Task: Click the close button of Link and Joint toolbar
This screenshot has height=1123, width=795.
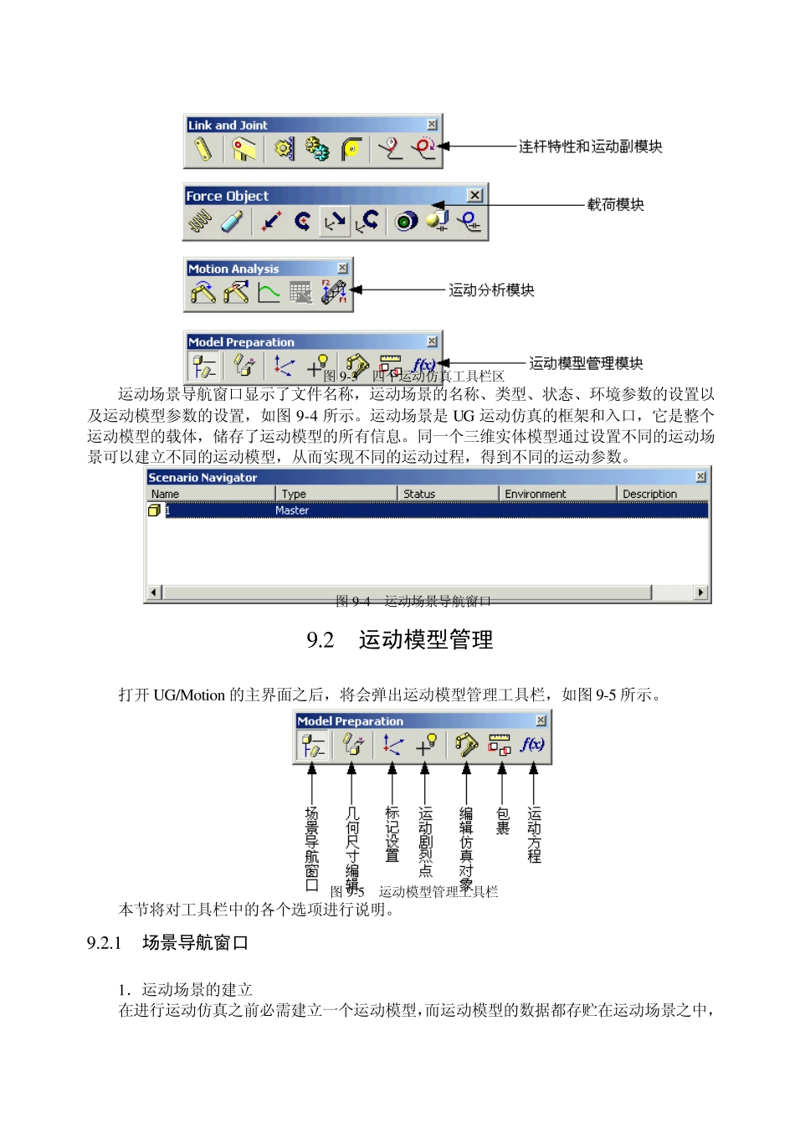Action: (432, 125)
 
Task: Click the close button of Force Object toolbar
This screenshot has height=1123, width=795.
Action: (474, 195)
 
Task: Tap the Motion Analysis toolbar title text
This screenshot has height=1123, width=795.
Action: (233, 269)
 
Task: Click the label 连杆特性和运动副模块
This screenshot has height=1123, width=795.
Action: (590, 146)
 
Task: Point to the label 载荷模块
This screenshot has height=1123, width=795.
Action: (615, 205)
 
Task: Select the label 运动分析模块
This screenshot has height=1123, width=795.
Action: (491, 290)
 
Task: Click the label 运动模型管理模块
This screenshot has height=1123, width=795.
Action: (586, 363)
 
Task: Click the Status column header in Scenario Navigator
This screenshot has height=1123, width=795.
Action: (419, 494)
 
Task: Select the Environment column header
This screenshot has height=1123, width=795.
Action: (536, 494)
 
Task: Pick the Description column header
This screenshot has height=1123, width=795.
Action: (649, 494)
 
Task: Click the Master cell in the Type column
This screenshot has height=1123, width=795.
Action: (292, 510)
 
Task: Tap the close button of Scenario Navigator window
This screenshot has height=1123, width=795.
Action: (701, 477)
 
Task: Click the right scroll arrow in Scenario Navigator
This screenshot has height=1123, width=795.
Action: (701, 592)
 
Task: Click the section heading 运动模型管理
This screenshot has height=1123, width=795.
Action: (425, 640)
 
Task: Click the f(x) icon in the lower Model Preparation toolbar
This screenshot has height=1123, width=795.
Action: (532, 744)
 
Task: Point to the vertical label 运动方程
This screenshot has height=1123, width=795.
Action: (534, 834)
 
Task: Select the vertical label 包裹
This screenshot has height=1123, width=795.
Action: (502, 822)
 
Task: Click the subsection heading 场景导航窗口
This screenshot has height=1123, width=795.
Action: (195, 943)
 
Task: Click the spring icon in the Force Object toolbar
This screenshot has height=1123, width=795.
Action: (200, 222)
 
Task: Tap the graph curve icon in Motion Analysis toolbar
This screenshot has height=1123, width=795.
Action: (269, 293)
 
